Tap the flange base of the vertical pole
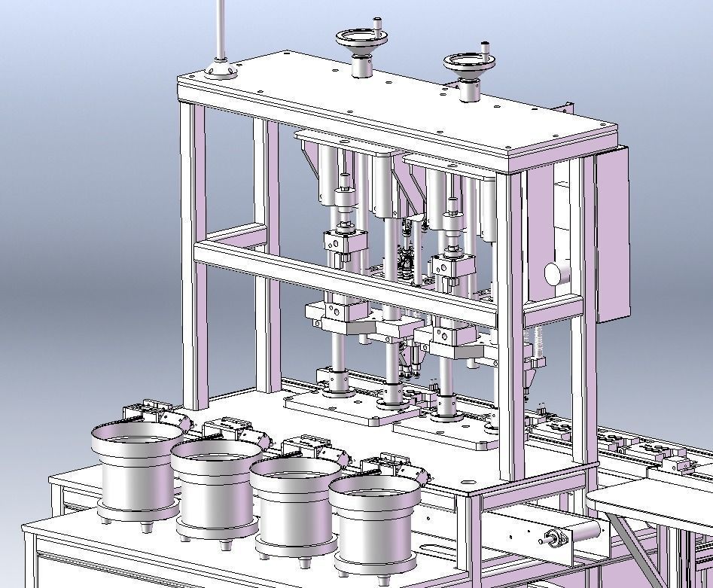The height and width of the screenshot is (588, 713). click(x=221, y=72)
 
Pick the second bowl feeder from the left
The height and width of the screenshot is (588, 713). click(x=215, y=486)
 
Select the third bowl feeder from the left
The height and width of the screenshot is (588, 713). click(x=294, y=504)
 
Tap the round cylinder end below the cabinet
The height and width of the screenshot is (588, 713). click(x=555, y=273)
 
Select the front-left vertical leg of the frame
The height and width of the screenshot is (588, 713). click(x=192, y=256)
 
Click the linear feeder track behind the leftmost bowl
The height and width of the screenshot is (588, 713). click(x=154, y=412)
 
